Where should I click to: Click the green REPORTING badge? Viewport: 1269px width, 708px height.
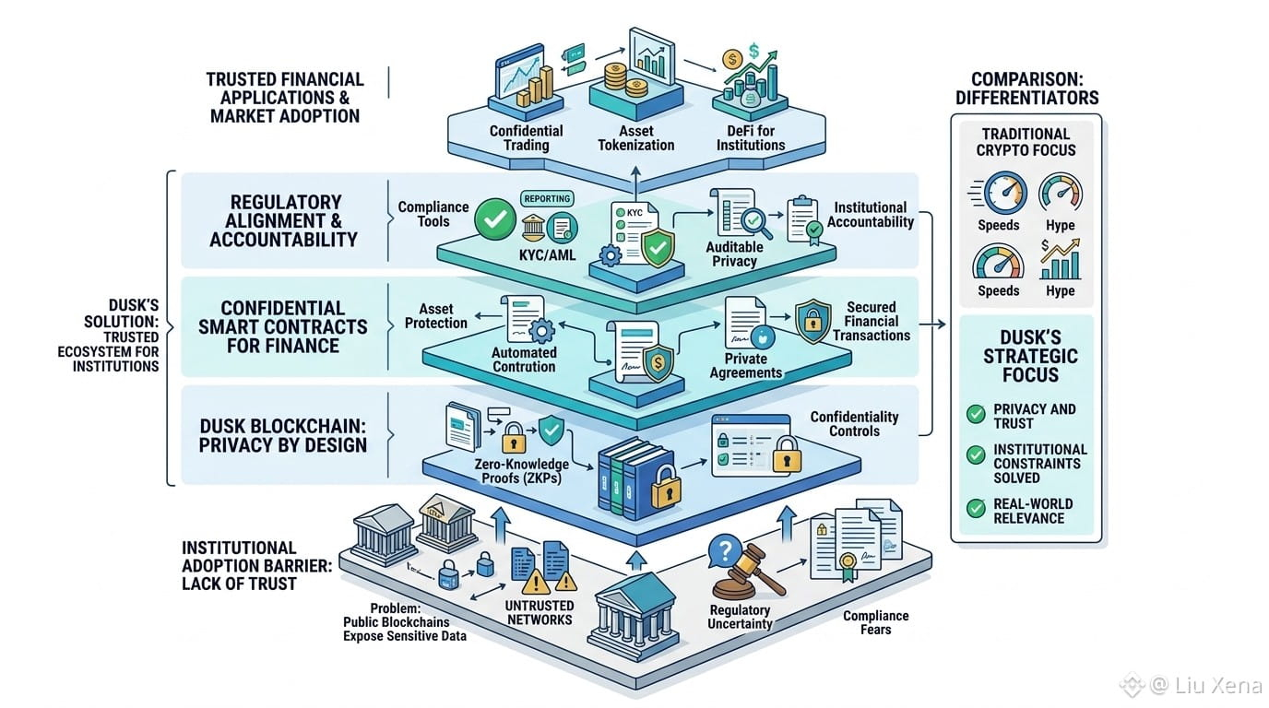click(x=547, y=199)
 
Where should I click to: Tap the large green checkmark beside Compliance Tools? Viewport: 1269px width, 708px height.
click(x=495, y=219)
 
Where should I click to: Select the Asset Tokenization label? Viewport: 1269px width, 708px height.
click(x=636, y=138)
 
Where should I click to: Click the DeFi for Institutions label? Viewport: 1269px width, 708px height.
click(x=751, y=138)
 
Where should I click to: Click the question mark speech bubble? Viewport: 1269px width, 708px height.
click(x=725, y=549)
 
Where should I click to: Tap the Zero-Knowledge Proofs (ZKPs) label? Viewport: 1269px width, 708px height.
click(x=521, y=471)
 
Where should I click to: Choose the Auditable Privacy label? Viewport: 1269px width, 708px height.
click(x=734, y=254)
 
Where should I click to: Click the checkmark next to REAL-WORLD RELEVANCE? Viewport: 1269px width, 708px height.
click(x=976, y=508)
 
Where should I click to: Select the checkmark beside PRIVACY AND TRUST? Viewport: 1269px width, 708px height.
click(x=976, y=414)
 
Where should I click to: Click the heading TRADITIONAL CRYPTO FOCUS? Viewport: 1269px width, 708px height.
click(x=1026, y=142)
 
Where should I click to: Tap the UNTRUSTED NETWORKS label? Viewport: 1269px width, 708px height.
click(x=540, y=613)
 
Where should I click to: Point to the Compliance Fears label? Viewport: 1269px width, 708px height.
click(x=876, y=622)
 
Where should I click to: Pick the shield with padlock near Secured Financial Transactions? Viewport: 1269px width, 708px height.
click(x=813, y=321)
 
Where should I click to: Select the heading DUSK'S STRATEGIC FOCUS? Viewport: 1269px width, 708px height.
click(x=1030, y=356)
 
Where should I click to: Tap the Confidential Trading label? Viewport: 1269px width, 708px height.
click(x=527, y=138)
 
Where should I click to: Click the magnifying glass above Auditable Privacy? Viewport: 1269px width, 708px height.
click(x=757, y=223)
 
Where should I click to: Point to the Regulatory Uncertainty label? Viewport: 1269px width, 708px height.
click(x=740, y=617)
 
